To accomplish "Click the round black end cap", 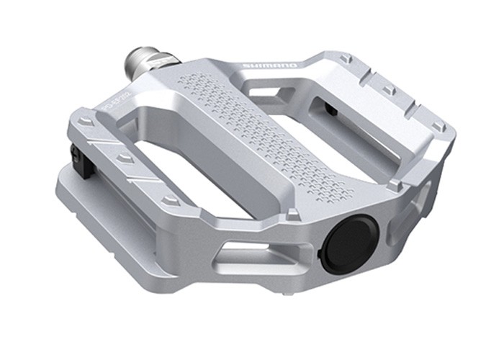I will click(348, 245).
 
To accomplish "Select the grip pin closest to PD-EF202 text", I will click(85, 123).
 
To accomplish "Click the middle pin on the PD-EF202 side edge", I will click(125, 158).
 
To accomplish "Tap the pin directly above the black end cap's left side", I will click(293, 214).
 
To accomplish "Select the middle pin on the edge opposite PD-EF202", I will click(389, 91).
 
